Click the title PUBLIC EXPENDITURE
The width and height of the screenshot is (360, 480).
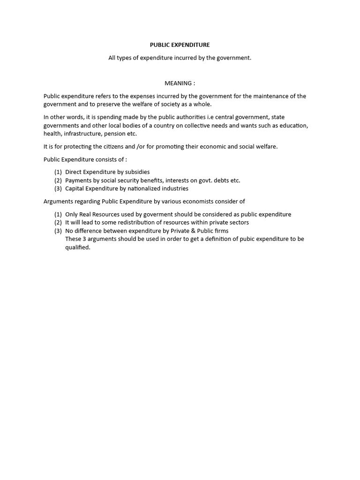click(180, 45)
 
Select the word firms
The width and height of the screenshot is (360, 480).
click(220, 231)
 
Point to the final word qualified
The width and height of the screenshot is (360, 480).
click(77, 247)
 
